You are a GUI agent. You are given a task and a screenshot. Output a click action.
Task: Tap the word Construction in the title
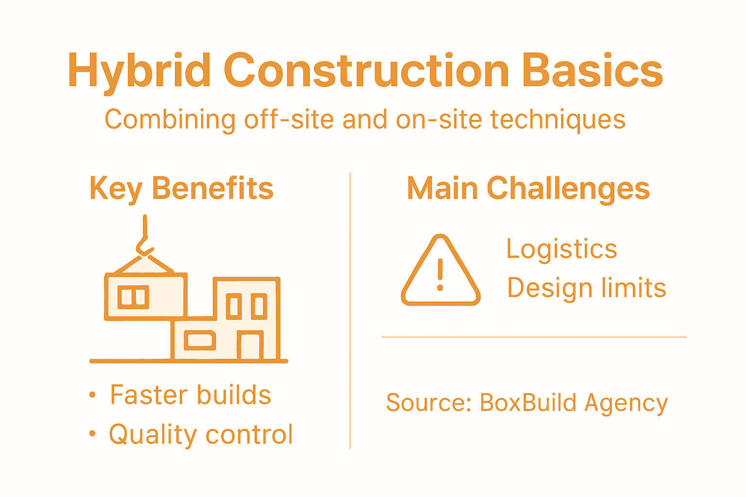[367, 71]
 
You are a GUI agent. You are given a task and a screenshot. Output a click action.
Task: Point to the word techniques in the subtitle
[558, 119]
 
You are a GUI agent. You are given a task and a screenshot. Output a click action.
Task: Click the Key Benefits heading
[181, 189]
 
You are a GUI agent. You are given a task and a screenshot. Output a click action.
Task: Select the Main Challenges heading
[528, 189]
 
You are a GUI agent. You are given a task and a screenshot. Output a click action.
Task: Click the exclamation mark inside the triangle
[441, 275]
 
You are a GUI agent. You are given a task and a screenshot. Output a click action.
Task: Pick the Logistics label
[561, 249]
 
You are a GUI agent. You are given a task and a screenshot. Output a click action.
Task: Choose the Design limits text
[586, 288]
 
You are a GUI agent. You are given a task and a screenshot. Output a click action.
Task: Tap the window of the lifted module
[133, 297]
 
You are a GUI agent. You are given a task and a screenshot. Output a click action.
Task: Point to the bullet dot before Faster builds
[93, 395]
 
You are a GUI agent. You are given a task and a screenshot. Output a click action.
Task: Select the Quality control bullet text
[201, 434]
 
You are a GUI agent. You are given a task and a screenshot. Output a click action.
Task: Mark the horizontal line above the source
[534, 337]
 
